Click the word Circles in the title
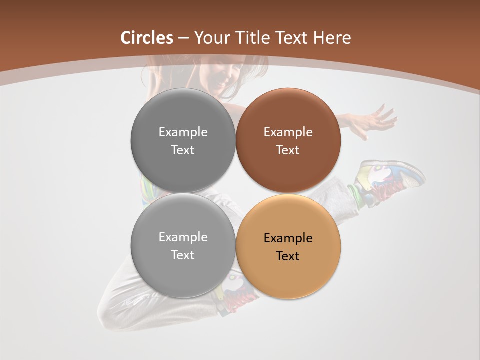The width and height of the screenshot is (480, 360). (146, 38)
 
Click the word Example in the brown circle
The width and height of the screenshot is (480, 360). (288, 132)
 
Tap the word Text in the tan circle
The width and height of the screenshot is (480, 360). (288, 256)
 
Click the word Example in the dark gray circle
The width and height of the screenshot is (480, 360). (183, 132)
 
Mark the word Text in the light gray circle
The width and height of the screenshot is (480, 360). (183, 255)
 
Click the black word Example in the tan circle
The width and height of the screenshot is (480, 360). (288, 238)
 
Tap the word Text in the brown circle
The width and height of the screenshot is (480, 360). (288, 150)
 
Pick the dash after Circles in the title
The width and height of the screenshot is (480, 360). (183, 38)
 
